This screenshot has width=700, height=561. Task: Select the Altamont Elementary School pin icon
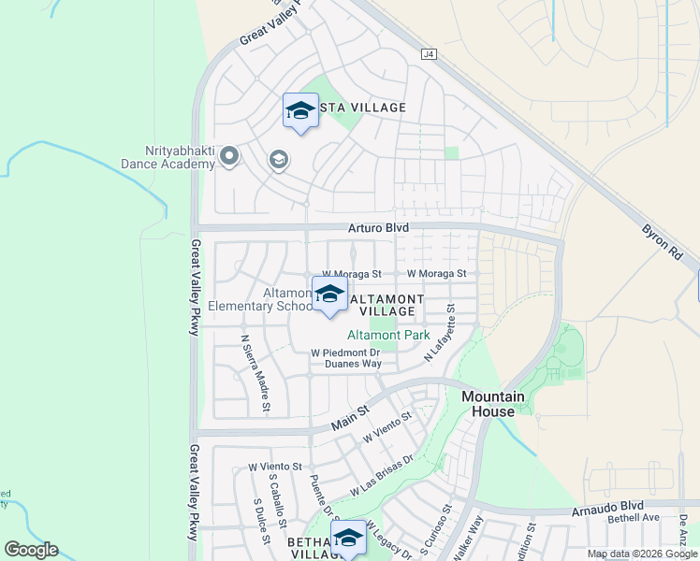coord(328,295)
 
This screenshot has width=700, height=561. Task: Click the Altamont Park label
coord(388,335)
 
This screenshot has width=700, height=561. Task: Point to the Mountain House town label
coord(488,404)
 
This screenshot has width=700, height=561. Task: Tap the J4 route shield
coord(429,56)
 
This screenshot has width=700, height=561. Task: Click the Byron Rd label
coord(662,241)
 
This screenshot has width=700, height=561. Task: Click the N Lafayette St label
coord(439,333)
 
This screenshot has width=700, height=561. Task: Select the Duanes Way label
coord(346,364)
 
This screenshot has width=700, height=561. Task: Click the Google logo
coord(31,550)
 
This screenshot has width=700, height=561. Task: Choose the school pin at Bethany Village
coord(348,537)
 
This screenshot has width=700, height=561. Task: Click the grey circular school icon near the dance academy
coord(278,160)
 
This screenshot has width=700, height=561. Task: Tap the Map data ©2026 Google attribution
coord(642,554)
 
